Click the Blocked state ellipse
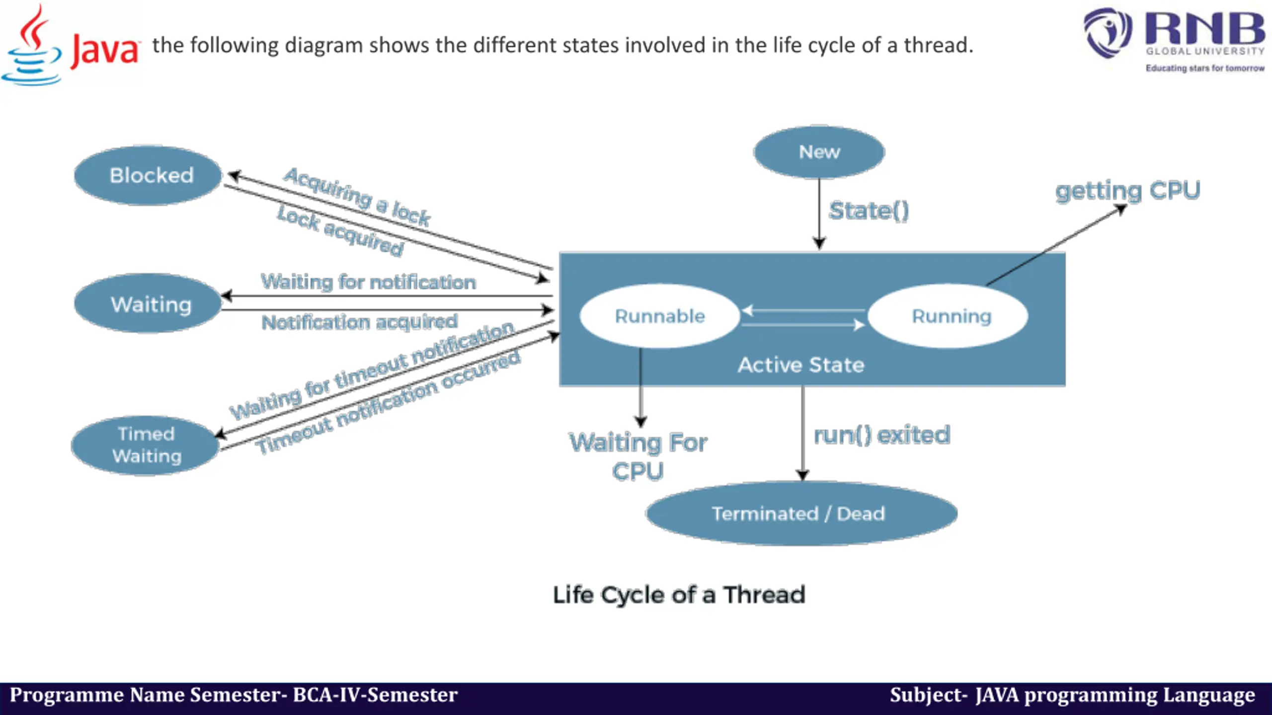(x=148, y=175)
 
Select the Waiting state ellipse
(x=148, y=303)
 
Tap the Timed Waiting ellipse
(x=146, y=445)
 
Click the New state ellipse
(x=819, y=152)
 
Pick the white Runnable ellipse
(x=660, y=316)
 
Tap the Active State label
(x=801, y=365)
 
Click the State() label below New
(x=869, y=211)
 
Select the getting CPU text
(x=1127, y=191)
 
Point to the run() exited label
(x=882, y=435)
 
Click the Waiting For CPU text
(x=638, y=456)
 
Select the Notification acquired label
(x=359, y=322)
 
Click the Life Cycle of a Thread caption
(x=679, y=595)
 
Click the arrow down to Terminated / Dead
(x=802, y=432)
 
